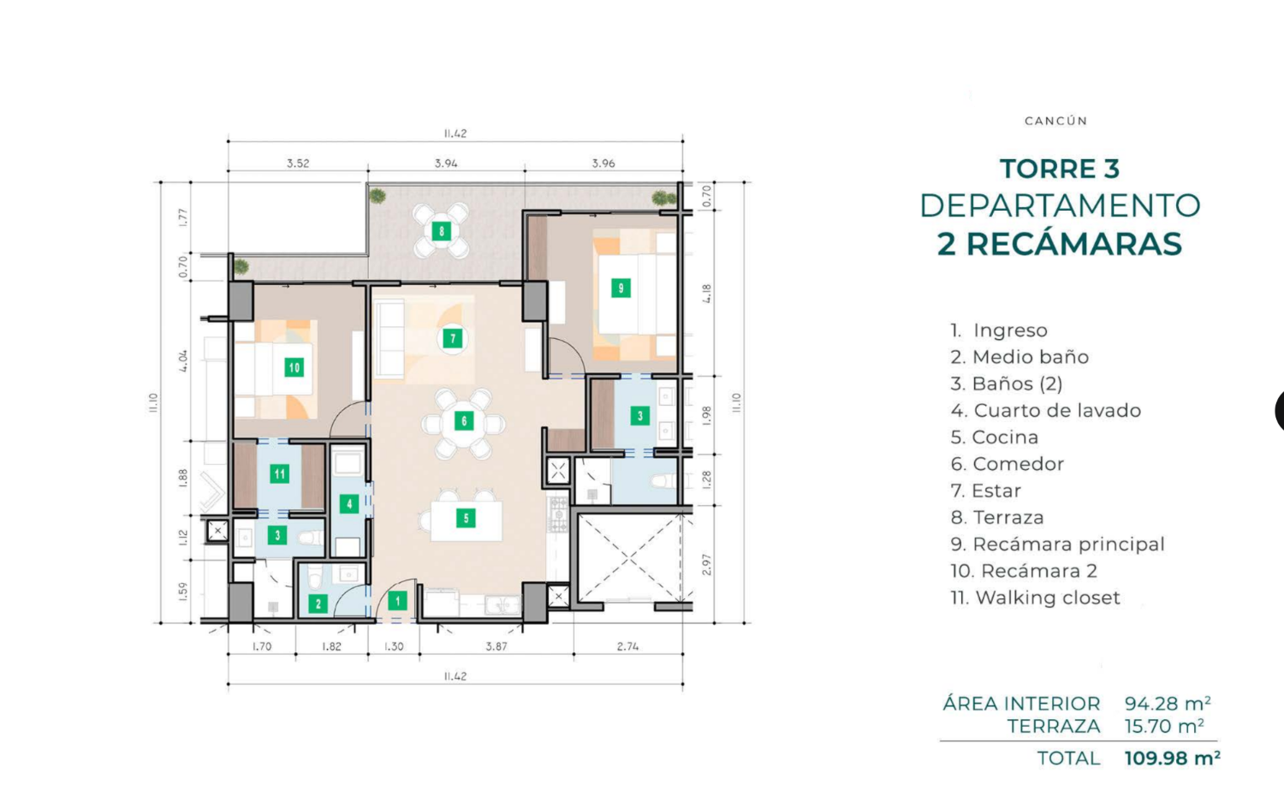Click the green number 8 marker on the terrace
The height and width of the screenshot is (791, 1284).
pos(442,231)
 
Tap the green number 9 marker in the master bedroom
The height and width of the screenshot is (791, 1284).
pos(621,288)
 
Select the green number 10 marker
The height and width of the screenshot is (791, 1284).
pos(294,368)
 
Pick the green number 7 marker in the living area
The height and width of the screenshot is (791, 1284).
pos(453,339)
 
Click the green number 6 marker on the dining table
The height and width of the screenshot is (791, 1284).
pos(464,421)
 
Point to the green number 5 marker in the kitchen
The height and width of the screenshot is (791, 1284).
pos(466,518)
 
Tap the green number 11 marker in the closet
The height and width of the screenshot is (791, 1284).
pos(279,474)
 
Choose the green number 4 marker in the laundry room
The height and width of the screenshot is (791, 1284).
pos(348,504)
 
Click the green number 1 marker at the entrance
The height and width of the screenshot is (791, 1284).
pos(397,601)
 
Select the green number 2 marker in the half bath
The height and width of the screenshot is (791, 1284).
pos(318,604)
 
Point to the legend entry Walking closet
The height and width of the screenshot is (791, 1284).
pos(1035,598)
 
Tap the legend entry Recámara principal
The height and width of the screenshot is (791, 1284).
pos(1057,544)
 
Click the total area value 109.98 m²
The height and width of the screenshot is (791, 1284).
pos(1172,758)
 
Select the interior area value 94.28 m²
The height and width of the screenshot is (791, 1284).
pos(1168,704)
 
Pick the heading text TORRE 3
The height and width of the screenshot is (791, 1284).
pos(1060,169)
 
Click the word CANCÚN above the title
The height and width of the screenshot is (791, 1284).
pos(1055,121)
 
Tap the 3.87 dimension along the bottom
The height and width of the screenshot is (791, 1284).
pos(496,646)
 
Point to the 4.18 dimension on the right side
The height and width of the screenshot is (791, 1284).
pos(707,294)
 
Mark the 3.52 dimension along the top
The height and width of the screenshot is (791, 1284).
pos(298,163)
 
